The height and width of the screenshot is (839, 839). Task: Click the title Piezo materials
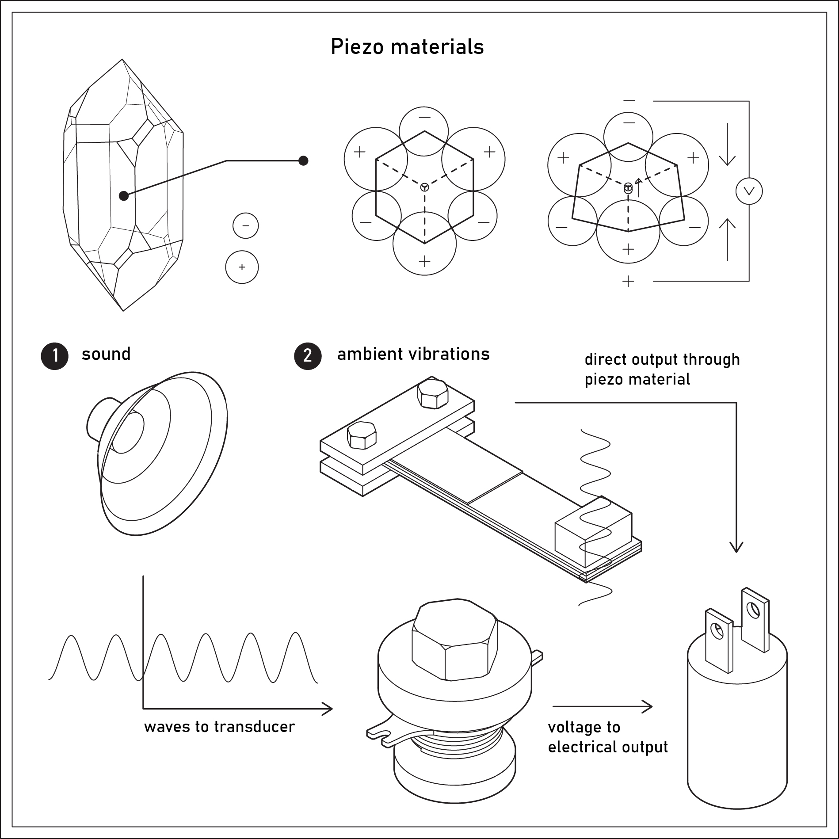tap(407, 47)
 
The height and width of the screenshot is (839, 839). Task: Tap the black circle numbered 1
tap(55, 356)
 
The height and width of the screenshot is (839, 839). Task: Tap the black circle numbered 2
tap(308, 356)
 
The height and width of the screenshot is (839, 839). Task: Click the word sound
tap(106, 354)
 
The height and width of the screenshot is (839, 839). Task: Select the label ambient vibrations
tap(413, 354)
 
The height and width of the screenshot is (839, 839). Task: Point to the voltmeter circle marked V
tap(749, 191)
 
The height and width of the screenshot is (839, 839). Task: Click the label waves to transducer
tap(219, 727)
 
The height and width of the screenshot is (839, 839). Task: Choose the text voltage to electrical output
tap(608, 737)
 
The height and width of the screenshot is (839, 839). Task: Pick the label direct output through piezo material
tap(662, 369)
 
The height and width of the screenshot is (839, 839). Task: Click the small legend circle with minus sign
tap(245, 225)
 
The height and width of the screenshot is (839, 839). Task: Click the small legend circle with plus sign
tap(242, 267)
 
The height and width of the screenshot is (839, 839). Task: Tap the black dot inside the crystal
tap(124, 195)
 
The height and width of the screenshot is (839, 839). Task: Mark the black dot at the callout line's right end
tap(303, 160)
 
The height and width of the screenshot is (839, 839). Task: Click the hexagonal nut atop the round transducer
tap(454, 639)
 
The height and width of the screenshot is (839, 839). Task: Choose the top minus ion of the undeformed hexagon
tap(424, 131)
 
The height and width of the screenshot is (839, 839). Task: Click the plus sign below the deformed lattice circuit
tap(628, 281)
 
